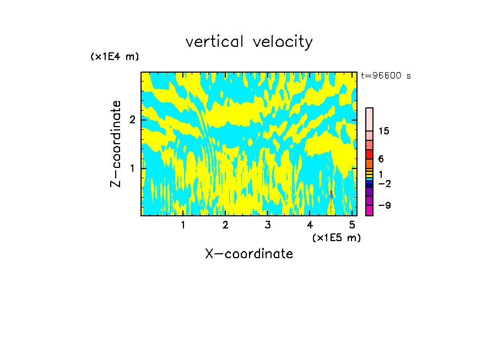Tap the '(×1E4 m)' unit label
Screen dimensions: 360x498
(x=115, y=57)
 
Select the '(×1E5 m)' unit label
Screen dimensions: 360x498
(x=336, y=237)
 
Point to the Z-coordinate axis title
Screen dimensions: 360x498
(x=116, y=144)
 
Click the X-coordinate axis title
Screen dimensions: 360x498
(x=249, y=254)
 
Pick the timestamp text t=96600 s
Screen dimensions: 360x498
(x=386, y=76)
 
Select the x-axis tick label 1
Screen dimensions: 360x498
(x=183, y=225)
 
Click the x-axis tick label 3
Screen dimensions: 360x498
(x=268, y=225)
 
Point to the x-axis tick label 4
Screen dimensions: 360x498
(x=310, y=225)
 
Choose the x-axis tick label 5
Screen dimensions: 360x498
(x=352, y=225)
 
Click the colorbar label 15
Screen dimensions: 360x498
(x=384, y=131)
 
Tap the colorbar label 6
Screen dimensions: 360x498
(x=381, y=159)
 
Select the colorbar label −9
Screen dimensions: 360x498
(x=384, y=205)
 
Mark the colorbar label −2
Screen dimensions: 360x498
(x=384, y=183)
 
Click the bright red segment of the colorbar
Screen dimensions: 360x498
(x=369, y=155)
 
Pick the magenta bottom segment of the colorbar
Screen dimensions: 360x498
(x=369, y=210)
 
